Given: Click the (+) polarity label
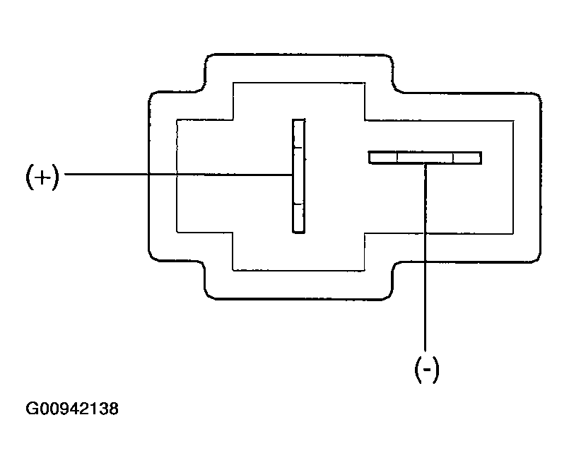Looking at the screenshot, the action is click(42, 177).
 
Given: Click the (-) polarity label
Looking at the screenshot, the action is click(427, 370).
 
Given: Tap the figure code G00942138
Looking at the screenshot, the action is click(72, 409).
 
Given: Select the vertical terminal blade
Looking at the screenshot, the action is click(299, 176).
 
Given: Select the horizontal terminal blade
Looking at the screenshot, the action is click(425, 158).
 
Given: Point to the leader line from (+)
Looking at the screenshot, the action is click(179, 175).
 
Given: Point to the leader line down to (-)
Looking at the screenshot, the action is click(426, 257).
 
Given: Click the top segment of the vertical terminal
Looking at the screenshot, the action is click(298, 134).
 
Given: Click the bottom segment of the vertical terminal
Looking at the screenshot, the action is click(299, 218).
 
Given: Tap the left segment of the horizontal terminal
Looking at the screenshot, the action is click(383, 158).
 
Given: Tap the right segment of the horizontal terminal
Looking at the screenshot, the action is click(467, 158).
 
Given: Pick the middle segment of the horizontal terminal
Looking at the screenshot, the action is click(426, 158).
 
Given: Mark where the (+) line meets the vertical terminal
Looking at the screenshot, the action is click(293, 175).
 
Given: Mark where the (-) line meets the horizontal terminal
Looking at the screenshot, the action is click(426, 164).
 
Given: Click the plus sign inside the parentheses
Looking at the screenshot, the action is click(43, 177).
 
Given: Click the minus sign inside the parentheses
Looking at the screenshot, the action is click(427, 370).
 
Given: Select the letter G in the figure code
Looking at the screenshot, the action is click(31, 409).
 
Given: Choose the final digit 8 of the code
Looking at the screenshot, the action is click(114, 409).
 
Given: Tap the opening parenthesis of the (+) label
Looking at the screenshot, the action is click(30, 177).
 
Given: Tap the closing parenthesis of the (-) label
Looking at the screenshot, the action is click(435, 370).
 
